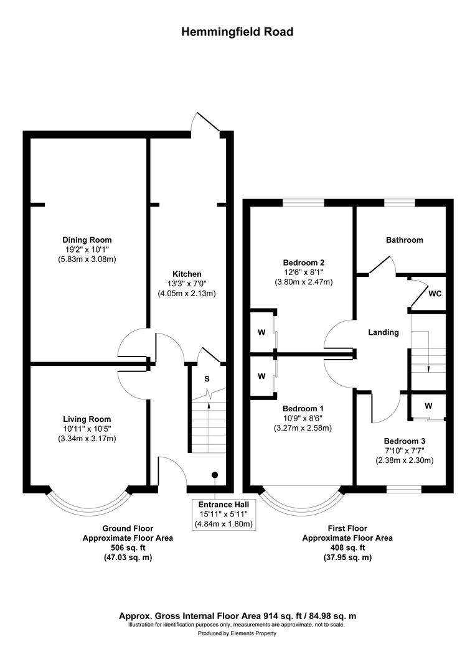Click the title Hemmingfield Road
tap(237, 32)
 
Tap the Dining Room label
tap(87, 240)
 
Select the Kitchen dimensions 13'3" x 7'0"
tap(187, 284)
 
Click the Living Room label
tap(87, 419)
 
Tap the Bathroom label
tap(404, 240)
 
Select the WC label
tap(435, 294)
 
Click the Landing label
tap(383, 332)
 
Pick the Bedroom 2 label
tap(304, 263)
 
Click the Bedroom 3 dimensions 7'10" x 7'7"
tap(404, 450)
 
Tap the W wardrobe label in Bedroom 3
tap(428, 406)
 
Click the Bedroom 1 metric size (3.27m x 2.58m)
tap(304, 428)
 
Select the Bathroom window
tap(400, 202)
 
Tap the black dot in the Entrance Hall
tap(214, 475)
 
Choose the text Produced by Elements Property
tap(237, 633)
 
